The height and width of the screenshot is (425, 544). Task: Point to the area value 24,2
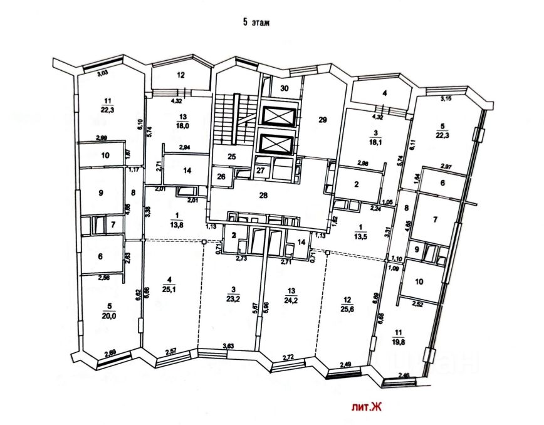pyautogui.click(x=290, y=300)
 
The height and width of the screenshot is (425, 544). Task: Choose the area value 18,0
pyautogui.click(x=183, y=124)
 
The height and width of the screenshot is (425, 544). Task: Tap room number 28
pyautogui.click(x=264, y=196)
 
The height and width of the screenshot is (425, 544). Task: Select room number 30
pyautogui.click(x=285, y=88)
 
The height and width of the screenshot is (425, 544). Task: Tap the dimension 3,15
pyautogui.click(x=446, y=98)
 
